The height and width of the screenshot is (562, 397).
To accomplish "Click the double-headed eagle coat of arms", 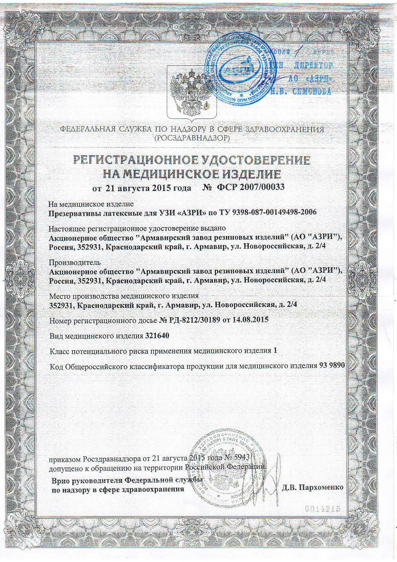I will click(x=192, y=91).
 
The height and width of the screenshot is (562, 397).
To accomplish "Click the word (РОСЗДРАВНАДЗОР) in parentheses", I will click(x=192, y=138).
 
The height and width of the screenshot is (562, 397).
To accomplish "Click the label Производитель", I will click(x=75, y=262).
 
